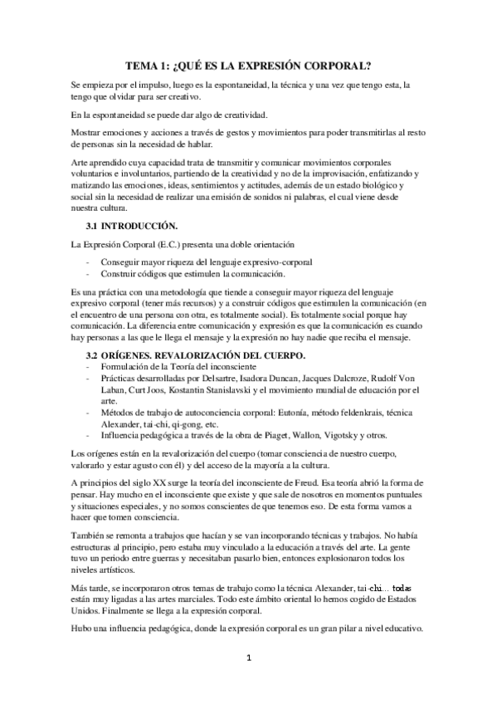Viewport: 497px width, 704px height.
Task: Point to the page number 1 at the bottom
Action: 247,682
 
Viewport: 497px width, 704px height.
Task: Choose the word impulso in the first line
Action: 131,86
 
